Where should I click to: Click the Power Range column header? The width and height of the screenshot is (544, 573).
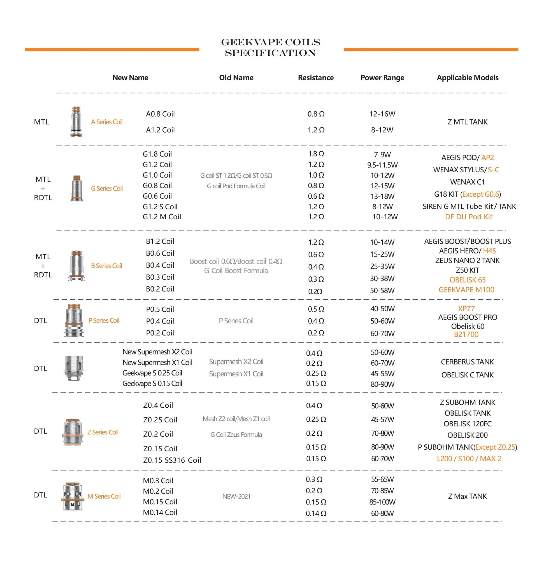point(382,78)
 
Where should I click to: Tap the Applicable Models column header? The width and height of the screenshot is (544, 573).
point(468,78)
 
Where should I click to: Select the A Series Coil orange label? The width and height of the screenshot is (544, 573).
point(107,122)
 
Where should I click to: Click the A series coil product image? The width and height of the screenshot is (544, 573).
point(76,121)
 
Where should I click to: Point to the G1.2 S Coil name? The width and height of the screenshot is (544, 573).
point(160,206)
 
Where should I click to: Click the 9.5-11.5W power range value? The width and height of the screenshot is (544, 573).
point(382,165)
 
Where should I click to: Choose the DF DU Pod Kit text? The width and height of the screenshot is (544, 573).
point(469,217)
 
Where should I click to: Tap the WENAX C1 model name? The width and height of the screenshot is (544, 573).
point(468,182)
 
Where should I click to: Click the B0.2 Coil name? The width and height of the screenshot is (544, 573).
point(160,289)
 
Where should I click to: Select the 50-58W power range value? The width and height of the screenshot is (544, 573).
point(382,290)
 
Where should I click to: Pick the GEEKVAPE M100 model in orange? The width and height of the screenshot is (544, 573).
point(466,290)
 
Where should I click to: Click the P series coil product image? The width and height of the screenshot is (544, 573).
point(74,320)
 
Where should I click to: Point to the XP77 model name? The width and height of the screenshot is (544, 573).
point(466,309)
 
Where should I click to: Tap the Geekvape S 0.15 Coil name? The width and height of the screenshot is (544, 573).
point(152,384)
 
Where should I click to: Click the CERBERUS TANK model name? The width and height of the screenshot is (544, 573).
point(468,362)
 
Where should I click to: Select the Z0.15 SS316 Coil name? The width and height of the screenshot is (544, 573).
point(172,460)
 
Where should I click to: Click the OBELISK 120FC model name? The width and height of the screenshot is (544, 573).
point(468,424)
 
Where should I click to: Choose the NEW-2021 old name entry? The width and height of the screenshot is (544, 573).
point(236,496)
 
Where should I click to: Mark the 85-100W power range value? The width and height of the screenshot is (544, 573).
point(382,502)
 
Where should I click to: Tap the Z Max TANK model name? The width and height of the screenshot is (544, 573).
point(468,496)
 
